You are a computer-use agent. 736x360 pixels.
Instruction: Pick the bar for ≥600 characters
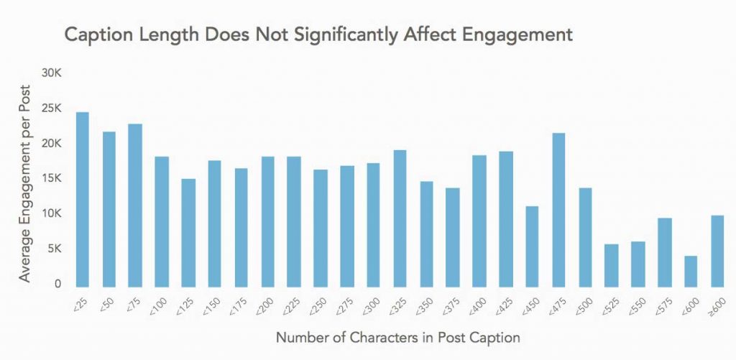[x=717, y=251]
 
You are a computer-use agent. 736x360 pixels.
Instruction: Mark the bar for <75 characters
[x=135, y=205]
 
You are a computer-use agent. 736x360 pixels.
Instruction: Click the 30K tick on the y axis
[x=52, y=73]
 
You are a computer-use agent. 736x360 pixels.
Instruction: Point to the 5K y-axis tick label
[x=55, y=249]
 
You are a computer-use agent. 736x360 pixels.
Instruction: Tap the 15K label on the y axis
[x=52, y=179]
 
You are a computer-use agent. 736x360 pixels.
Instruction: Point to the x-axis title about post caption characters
[x=398, y=336]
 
